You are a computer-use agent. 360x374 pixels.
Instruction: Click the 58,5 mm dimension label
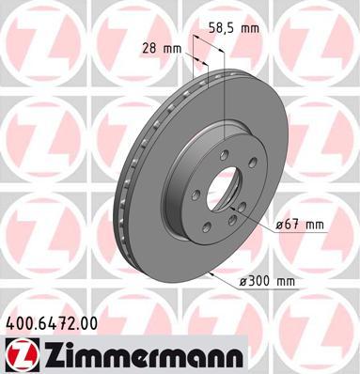(234, 28)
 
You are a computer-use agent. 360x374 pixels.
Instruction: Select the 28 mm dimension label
(162, 49)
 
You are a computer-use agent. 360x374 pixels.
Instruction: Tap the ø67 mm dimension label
(300, 225)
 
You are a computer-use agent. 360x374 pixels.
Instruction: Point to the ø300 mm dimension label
(267, 281)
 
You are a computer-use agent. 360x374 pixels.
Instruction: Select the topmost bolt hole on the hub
(225, 154)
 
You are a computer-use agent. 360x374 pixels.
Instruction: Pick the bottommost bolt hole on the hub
(206, 226)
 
